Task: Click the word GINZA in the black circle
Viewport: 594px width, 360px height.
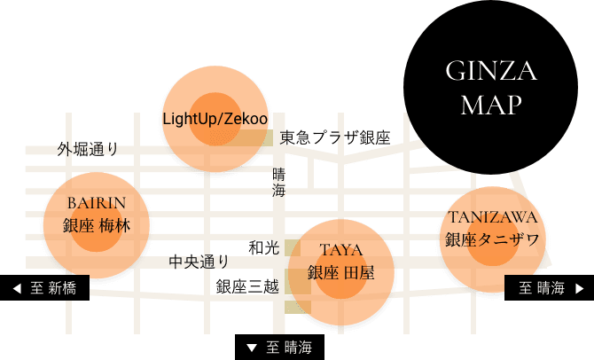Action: coord(491,71)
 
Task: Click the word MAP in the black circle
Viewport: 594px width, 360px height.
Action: coord(491,105)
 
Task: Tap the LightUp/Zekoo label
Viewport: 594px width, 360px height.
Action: coord(215,119)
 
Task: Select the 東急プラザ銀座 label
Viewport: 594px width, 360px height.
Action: coord(335,137)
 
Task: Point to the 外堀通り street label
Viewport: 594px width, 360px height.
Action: coord(88,149)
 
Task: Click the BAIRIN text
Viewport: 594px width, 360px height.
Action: coord(97,203)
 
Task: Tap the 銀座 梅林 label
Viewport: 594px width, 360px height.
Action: coord(97,225)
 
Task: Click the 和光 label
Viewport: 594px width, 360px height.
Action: coord(264,247)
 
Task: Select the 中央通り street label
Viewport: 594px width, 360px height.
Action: coord(199,262)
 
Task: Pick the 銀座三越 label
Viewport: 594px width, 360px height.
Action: coord(247,286)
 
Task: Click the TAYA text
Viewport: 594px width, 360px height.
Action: coord(341,250)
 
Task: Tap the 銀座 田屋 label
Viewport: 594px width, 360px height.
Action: coord(341,272)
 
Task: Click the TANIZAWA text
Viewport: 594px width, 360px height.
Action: coord(492,217)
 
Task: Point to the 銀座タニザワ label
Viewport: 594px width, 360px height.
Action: coord(492,239)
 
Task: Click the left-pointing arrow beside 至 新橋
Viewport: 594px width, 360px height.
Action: coord(17,288)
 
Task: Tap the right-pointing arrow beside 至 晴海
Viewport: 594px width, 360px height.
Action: coord(579,288)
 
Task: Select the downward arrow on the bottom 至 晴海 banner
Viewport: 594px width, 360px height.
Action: coord(252,348)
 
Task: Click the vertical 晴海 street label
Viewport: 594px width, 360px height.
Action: coord(278,183)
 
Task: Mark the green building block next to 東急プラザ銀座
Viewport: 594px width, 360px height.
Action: coord(264,138)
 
